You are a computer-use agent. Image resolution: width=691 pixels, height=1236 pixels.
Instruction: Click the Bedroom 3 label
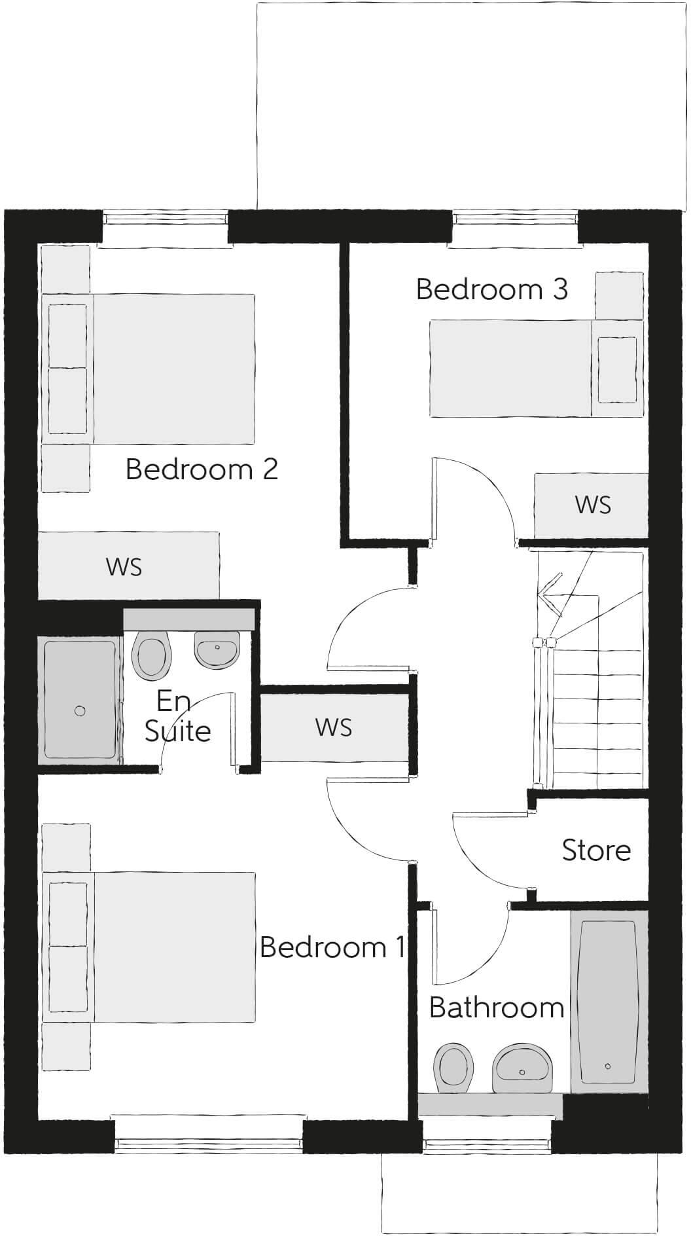tap(491, 289)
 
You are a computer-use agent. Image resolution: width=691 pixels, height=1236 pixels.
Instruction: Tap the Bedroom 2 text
tap(202, 469)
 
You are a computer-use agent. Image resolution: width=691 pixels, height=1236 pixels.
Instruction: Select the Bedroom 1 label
tap(332, 947)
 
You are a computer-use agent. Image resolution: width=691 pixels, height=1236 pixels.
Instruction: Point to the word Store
tap(596, 850)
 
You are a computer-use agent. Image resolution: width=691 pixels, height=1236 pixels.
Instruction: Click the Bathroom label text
tap(497, 1008)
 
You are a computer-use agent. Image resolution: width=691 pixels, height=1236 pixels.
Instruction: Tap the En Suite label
tap(177, 717)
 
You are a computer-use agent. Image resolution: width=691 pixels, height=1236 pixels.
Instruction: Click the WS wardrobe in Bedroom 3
tap(592, 505)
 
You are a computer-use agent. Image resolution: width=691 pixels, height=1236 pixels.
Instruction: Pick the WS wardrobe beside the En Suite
tap(334, 727)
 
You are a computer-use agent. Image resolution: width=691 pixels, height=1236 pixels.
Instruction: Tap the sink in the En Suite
tap(217, 650)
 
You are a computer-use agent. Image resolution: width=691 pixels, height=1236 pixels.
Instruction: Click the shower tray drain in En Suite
tap(80, 711)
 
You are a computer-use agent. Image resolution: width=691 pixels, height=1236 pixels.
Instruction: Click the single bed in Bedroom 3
tap(510, 368)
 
